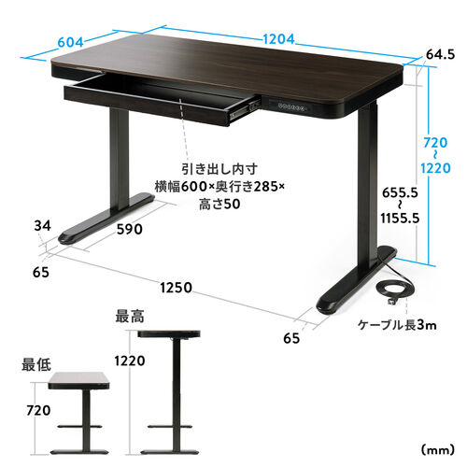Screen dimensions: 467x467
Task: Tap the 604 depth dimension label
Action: pos(72,42)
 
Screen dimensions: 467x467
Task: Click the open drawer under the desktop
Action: pos(159,100)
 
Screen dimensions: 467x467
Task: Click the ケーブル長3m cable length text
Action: pos(397,325)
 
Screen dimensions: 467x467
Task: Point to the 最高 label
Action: pos(129,314)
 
